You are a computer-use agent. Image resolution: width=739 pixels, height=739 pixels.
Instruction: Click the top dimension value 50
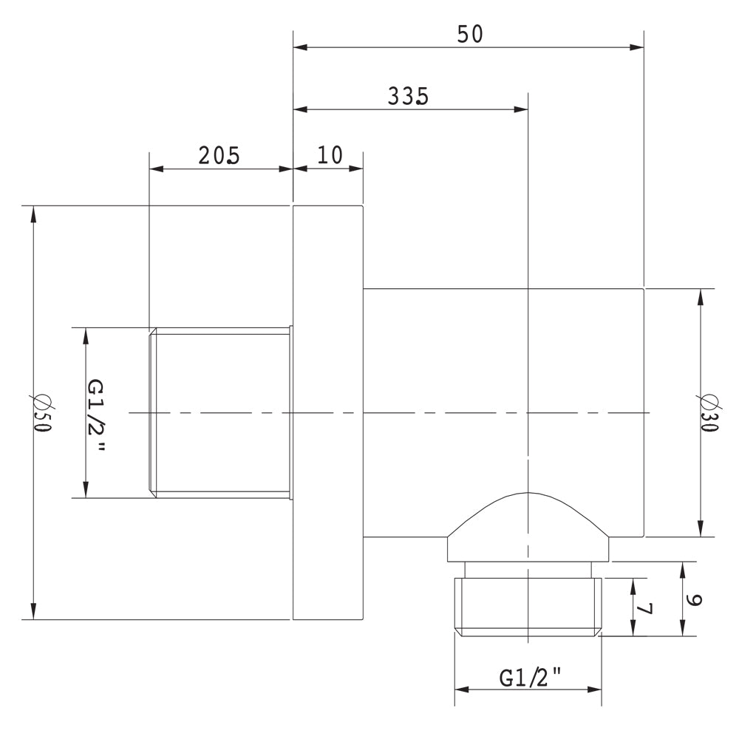click(x=469, y=34)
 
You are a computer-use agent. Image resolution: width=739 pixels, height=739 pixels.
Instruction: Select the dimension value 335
click(x=407, y=96)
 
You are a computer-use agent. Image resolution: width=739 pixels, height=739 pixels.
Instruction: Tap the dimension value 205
click(x=219, y=155)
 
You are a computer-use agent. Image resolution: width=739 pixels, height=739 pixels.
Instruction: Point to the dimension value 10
click(x=330, y=155)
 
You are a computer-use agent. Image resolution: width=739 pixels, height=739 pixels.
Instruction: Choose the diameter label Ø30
click(x=709, y=414)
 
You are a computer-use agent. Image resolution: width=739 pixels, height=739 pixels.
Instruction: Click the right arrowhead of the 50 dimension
click(x=637, y=47)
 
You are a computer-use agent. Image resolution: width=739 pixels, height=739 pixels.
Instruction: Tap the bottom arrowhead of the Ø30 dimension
click(x=701, y=529)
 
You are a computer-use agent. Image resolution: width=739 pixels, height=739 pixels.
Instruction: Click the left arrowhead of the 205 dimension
click(x=157, y=168)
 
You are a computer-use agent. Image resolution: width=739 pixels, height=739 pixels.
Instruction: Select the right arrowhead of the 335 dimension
click(x=521, y=109)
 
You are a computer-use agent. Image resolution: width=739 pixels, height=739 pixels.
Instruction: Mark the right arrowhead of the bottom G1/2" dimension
click(x=596, y=690)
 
